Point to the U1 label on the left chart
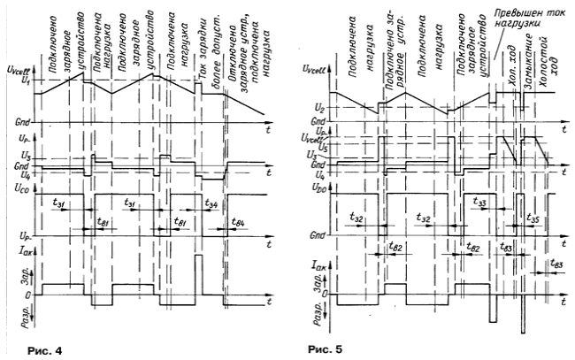click(x=12, y=81)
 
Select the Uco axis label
click(x=14, y=188)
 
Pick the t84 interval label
click(x=237, y=221)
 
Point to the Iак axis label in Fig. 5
click(x=311, y=263)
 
